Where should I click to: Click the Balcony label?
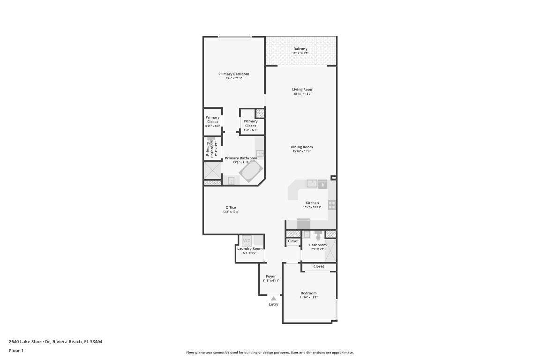coord(300,49)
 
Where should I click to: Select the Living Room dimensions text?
coord(302,94)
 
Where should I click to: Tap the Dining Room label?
coord(301,147)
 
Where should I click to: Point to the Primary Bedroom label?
coord(233,74)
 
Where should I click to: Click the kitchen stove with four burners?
coord(332,205)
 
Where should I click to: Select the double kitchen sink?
coord(312,183)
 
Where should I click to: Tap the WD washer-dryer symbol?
coord(247,240)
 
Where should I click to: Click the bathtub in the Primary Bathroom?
coord(251,172)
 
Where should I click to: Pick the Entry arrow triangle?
coord(273,298)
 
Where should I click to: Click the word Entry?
coord(273,304)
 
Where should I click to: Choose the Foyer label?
coord(270,277)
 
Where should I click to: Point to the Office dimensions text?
coord(231,212)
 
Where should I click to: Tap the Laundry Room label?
coord(250,248)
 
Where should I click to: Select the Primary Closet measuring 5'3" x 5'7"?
coord(250,124)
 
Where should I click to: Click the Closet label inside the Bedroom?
coord(319,266)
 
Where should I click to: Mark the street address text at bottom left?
coord(56,342)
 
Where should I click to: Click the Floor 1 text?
coord(16,351)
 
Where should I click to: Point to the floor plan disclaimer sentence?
coord(270,352)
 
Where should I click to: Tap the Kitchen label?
coord(312,203)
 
